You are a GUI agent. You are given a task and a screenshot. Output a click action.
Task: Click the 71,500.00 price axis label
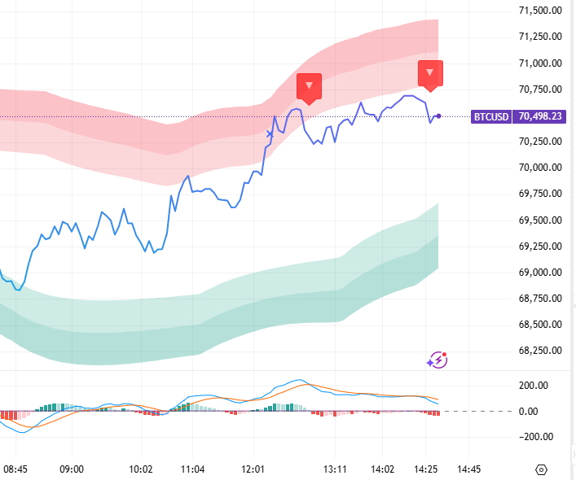pos(541,11)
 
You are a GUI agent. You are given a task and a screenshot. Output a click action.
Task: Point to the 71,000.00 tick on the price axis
pos(541,63)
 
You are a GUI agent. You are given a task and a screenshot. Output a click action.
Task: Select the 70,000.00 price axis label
pos(541,168)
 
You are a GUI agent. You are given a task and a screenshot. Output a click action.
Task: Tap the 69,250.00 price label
pos(541,246)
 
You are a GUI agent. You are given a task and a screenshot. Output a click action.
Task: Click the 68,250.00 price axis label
pos(541,351)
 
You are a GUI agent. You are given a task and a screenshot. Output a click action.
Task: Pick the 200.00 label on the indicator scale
pos(535,386)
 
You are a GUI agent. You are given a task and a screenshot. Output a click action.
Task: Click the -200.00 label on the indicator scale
pos(534,437)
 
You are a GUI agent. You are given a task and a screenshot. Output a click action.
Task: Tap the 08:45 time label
pos(15,469)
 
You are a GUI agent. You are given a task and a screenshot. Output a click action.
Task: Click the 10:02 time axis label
pos(142,469)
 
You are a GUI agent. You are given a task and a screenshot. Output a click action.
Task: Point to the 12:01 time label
pos(254,469)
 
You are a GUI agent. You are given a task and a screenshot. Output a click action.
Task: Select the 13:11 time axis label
pos(335,469)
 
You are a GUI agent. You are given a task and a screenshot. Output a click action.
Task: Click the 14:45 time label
pos(468,469)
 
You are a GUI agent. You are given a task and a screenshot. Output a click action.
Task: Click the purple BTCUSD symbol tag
pos(492,116)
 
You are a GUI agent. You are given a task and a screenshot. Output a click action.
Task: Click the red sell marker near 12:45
pos(309,85)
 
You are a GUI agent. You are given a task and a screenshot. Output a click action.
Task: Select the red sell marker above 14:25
pos(430,73)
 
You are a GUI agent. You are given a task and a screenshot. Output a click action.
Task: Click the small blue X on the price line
pos(270,133)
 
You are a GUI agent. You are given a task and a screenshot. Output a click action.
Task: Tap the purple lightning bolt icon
pos(438,360)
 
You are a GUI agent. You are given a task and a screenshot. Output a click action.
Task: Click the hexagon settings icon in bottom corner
pos(541,469)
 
